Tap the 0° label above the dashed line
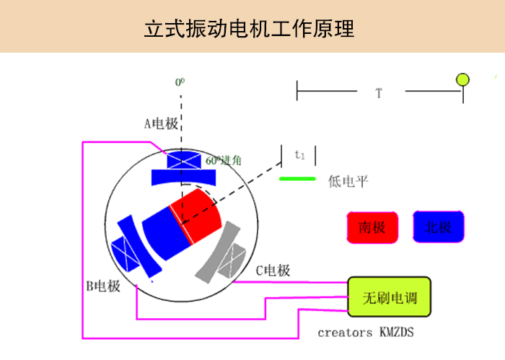pos(180,82)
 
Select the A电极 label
pos(160,123)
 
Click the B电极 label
pos(103,286)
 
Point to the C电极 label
pos(273,271)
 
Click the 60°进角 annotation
pos(224,161)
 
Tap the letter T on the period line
pos(379,93)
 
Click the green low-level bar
pos(297,178)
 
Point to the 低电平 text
pos(348,181)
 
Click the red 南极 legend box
pos(372,227)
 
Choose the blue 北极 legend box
pos(439,227)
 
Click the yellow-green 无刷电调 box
pos(390,297)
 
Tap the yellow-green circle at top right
pos(462,79)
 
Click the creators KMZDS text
pos(366,333)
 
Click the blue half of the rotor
pos(163,231)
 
